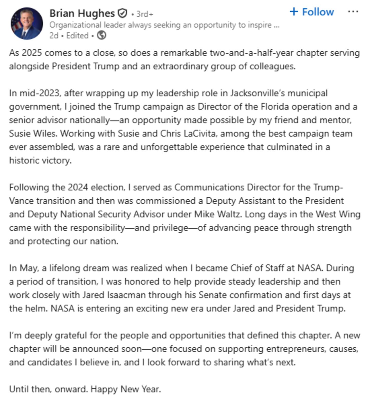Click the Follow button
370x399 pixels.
(x=311, y=12)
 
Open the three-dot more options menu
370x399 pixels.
(x=353, y=12)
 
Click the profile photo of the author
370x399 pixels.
(x=27, y=23)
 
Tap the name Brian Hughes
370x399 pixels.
(x=82, y=13)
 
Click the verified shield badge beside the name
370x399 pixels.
(x=123, y=13)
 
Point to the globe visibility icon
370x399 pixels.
(x=101, y=35)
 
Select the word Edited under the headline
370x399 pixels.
(x=77, y=35)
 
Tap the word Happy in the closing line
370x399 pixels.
(x=104, y=389)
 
